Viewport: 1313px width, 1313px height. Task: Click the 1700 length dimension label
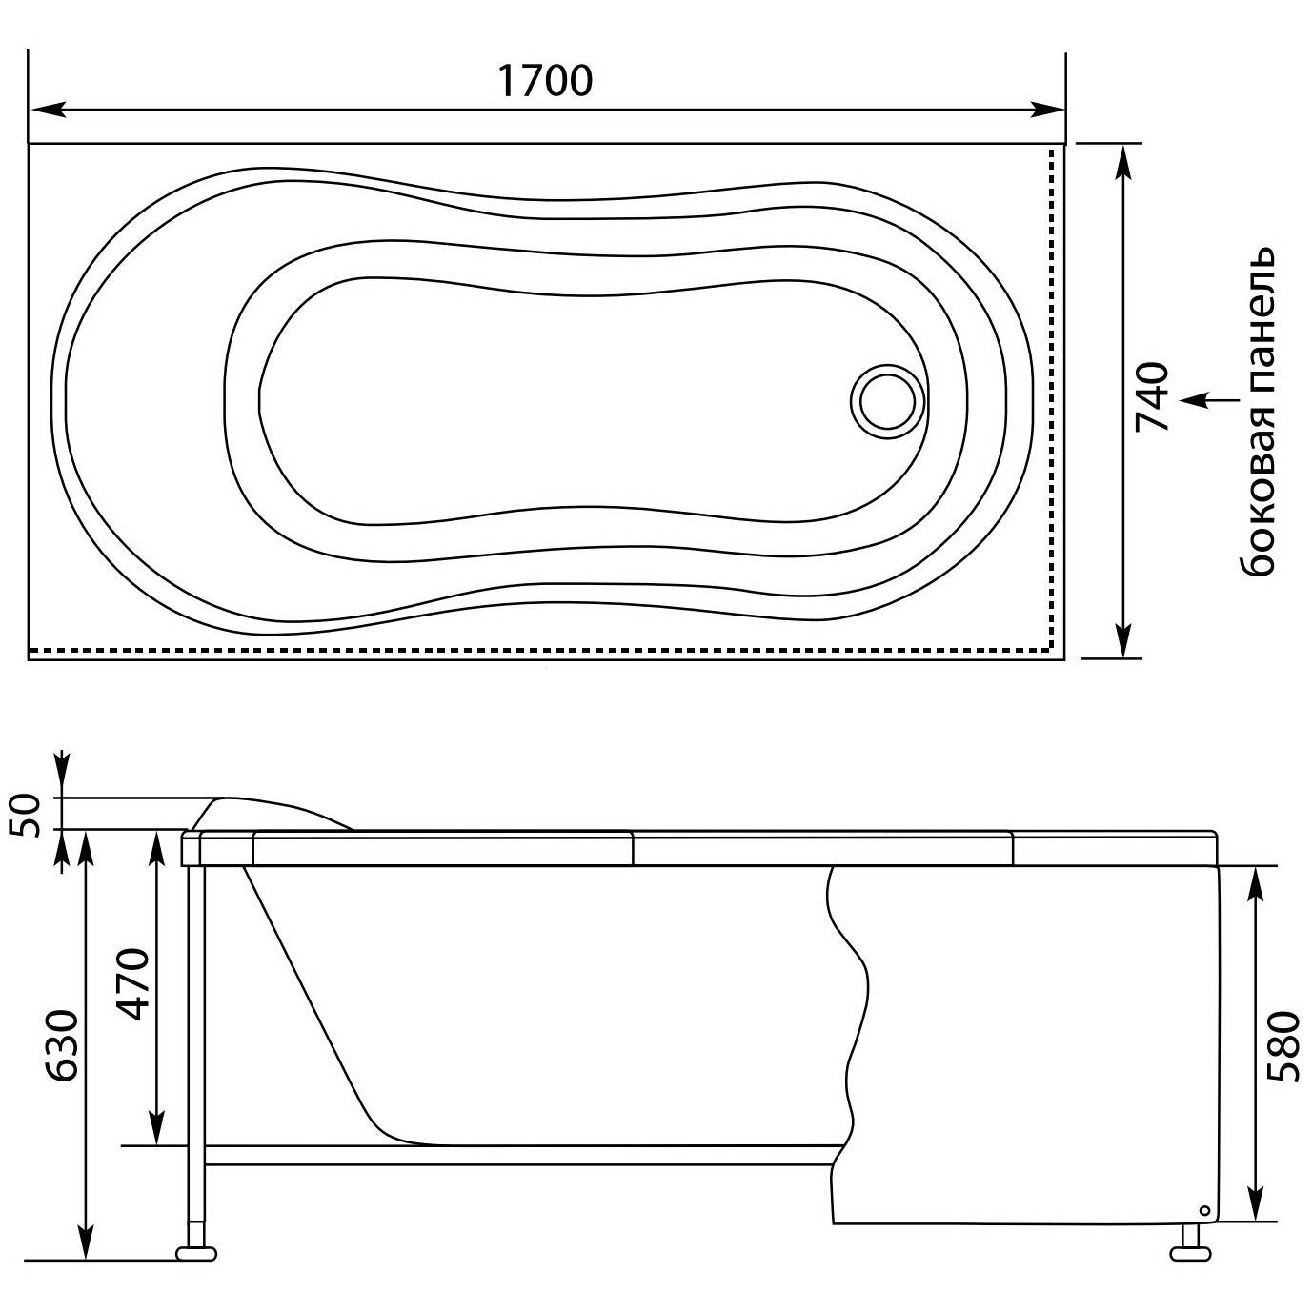pos(544,80)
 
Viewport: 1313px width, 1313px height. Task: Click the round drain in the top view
pos(887,400)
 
